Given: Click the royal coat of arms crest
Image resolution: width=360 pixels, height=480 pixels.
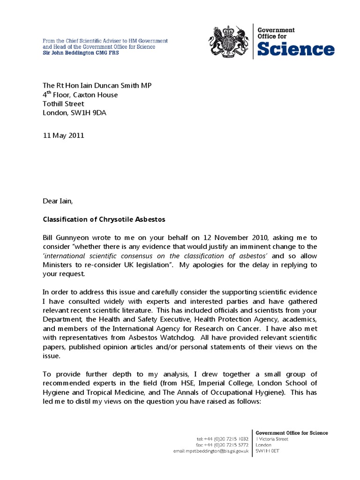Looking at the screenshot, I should (x=228, y=41).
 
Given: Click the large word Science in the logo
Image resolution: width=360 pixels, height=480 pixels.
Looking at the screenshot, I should (x=296, y=49).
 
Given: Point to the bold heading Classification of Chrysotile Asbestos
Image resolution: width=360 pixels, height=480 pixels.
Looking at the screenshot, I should (x=104, y=219).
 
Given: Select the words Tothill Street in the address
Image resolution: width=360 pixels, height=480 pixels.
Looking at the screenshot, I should (x=64, y=104).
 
